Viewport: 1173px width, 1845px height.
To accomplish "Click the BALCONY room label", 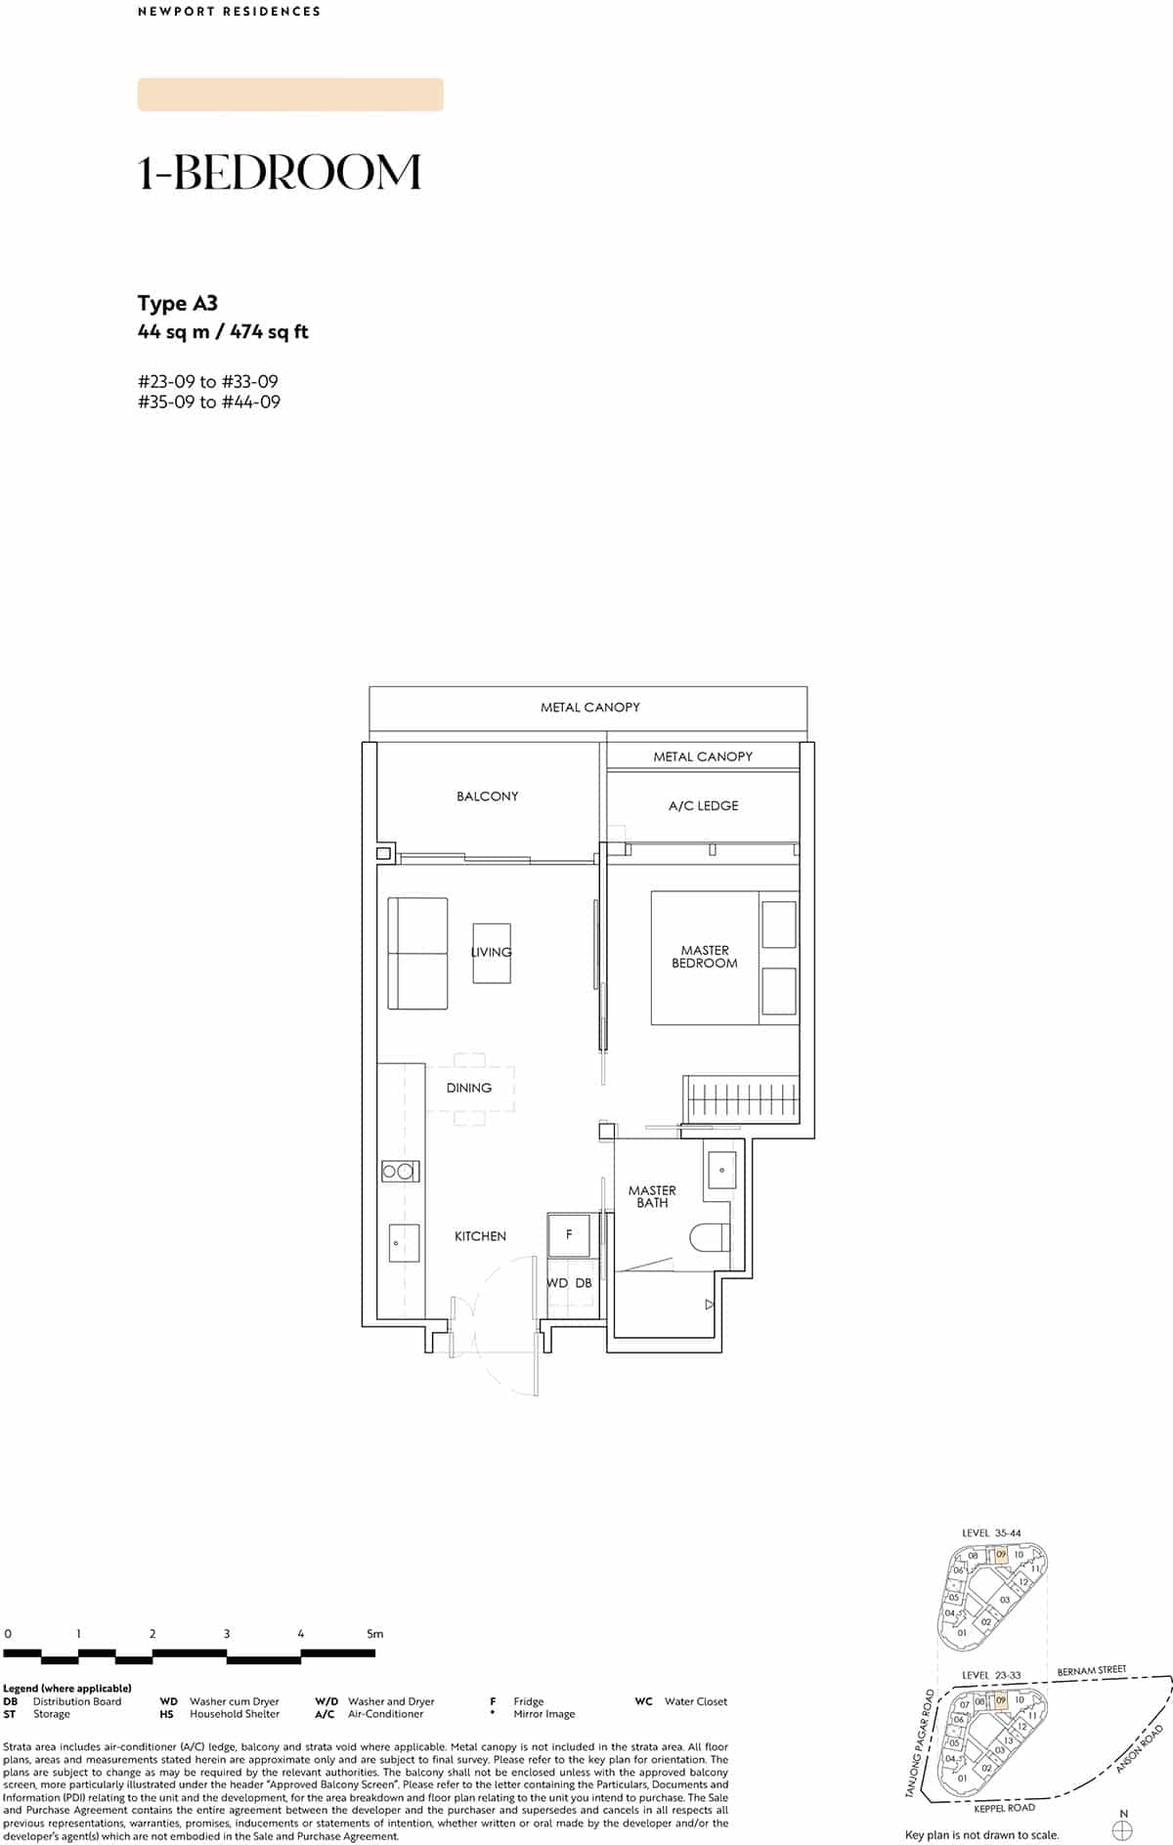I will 487,796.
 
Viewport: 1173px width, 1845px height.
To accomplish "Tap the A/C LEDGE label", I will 703,806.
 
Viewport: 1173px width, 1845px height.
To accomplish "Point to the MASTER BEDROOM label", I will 705,957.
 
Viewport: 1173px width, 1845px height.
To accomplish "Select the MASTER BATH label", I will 652,1197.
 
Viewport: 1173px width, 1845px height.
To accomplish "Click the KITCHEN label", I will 480,1236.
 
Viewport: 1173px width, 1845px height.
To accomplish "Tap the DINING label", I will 469,1088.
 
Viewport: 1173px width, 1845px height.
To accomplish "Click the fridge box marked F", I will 569,1235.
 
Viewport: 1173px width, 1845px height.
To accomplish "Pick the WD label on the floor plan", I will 557,1283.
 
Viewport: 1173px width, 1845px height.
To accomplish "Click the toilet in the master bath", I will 711,1238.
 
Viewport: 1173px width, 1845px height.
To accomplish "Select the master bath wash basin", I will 721,1170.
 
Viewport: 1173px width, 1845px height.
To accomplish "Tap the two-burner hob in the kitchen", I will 401,1171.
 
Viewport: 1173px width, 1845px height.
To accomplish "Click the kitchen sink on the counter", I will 404,1243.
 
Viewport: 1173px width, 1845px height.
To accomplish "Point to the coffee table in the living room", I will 493,953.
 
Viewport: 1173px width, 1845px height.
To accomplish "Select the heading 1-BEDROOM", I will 280,173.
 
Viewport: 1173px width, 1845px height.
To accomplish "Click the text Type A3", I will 178,303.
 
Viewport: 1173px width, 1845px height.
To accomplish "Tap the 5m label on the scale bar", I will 375,1633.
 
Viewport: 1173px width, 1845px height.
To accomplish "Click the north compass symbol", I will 1123,1828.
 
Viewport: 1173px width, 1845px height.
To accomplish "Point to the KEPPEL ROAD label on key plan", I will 1005,1808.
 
